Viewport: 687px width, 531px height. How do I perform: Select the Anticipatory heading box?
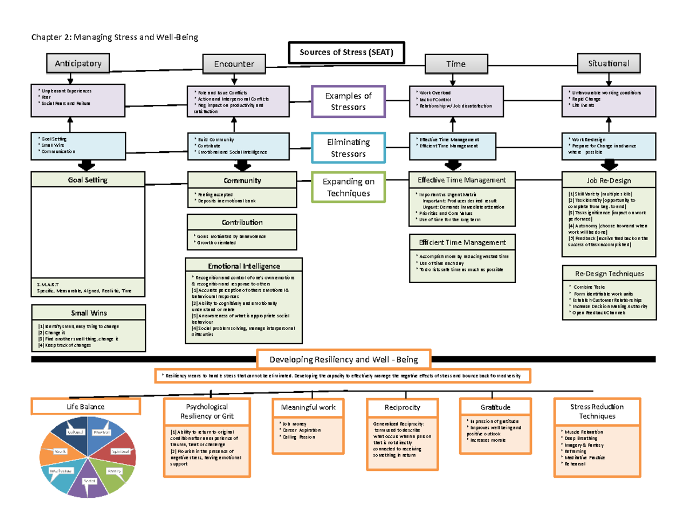(x=78, y=64)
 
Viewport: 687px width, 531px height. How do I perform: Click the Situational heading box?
(x=609, y=64)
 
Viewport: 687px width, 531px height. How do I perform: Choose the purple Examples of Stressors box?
(x=348, y=101)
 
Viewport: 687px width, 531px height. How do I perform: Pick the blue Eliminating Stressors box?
(x=348, y=148)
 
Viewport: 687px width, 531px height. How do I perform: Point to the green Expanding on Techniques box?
(x=348, y=187)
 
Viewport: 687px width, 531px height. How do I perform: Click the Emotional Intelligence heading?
(x=243, y=266)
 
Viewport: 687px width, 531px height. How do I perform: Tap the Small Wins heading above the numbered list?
(x=89, y=313)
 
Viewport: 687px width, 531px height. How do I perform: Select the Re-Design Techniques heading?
(x=609, y=274)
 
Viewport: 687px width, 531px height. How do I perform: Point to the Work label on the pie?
(x=61, y=452)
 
